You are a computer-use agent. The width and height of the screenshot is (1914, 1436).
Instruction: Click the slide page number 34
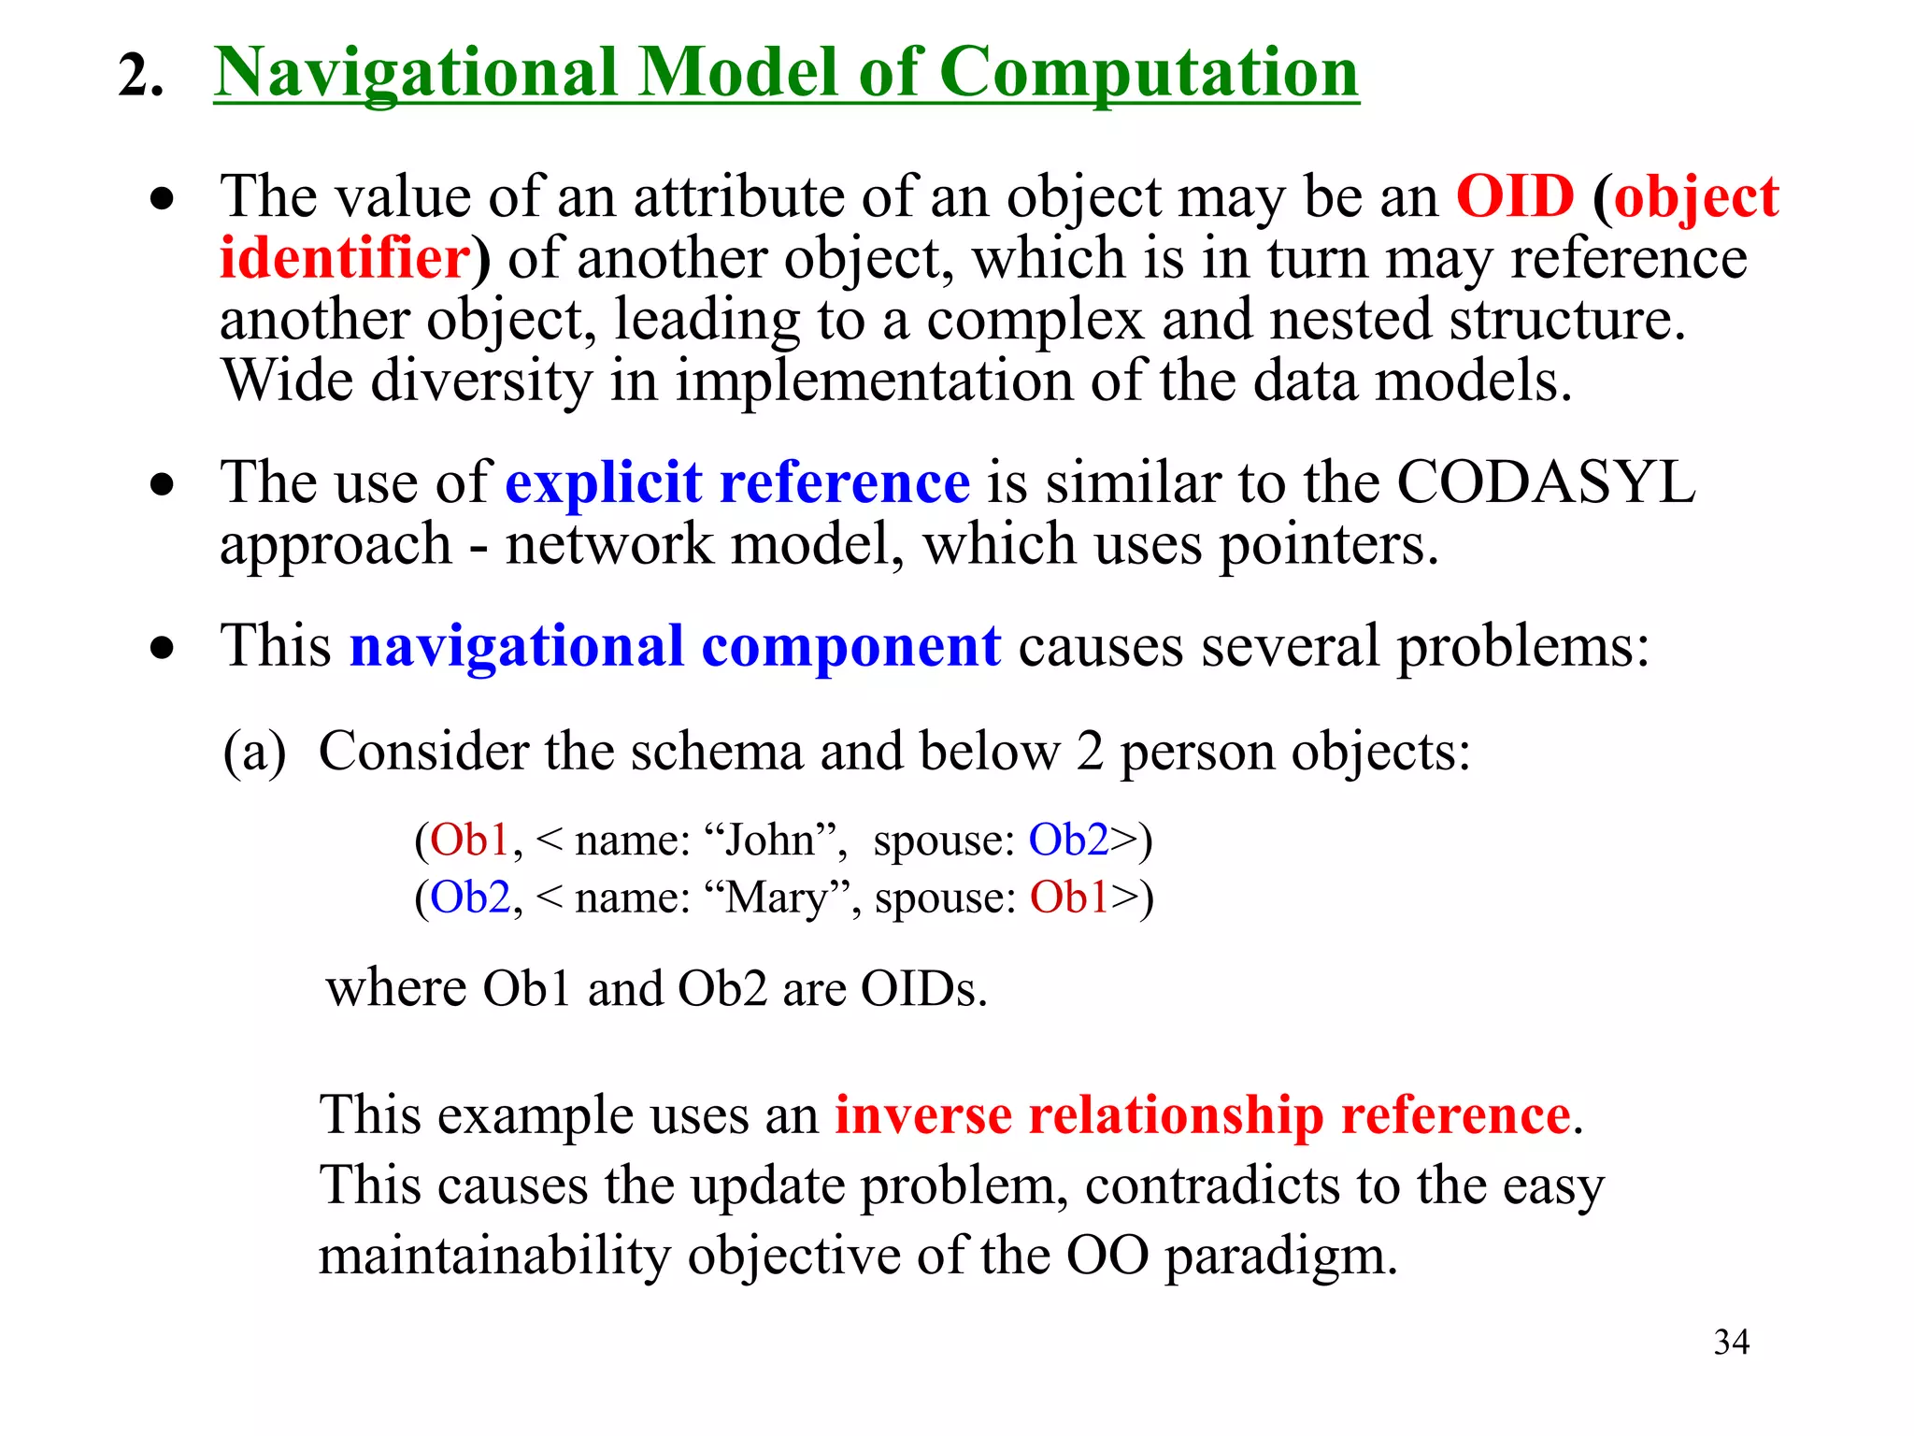[1731, 1343]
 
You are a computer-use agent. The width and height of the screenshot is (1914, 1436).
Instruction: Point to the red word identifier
[344, 258]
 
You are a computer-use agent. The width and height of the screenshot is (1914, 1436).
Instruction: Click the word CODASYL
[1546, 483]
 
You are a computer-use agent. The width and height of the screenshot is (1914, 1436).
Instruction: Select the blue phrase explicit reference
[737, 483]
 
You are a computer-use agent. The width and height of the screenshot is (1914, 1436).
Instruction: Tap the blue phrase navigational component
[675, 646]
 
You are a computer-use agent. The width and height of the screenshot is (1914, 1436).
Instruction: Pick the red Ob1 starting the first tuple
[469, 840]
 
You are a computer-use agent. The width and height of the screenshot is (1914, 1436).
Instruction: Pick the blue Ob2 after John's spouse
[1068, 840]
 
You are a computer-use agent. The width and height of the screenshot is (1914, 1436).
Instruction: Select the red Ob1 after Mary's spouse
[1068, 897]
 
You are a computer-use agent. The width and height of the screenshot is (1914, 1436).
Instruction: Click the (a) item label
[254, 753]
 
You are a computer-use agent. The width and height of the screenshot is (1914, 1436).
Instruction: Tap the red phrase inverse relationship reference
[1202, 1115]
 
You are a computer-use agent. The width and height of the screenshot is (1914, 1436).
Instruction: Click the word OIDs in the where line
[922, 989]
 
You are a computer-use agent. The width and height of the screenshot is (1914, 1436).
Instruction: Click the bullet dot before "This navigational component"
[163, 648]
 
